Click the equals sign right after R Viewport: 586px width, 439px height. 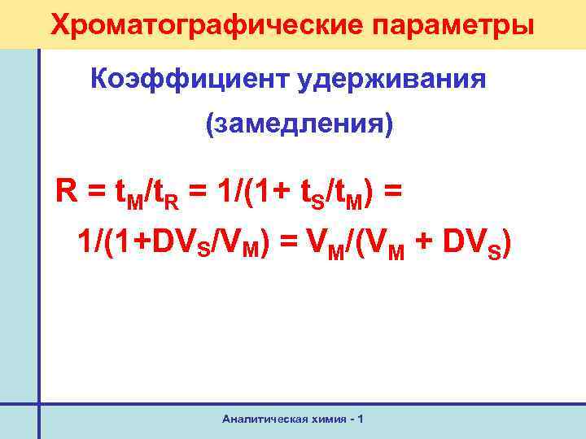click(94, 193)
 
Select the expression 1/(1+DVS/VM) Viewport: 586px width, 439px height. click(173, 241)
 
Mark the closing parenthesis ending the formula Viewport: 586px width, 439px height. click(506, 242)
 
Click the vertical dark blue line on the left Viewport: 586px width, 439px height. click(38, 244)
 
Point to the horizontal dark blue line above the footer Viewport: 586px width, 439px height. click(309, 403)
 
